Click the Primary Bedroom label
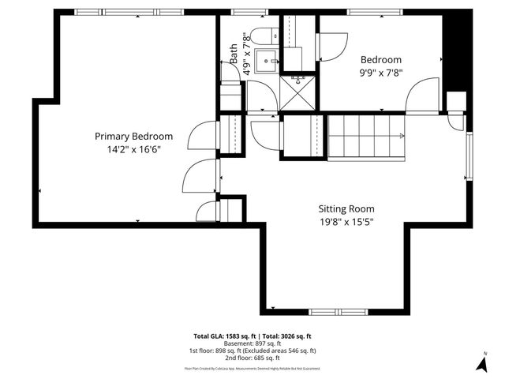(133, 136)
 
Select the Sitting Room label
(346, 208)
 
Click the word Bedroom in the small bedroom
(381, 59)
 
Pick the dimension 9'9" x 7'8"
(381, 72)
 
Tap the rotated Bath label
(234, 53)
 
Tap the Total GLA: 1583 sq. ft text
(223, 336)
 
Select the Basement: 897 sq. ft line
(252, 343)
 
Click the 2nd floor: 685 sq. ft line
(252, 358)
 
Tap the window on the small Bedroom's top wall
(372, 12)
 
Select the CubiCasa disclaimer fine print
(252, 368)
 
